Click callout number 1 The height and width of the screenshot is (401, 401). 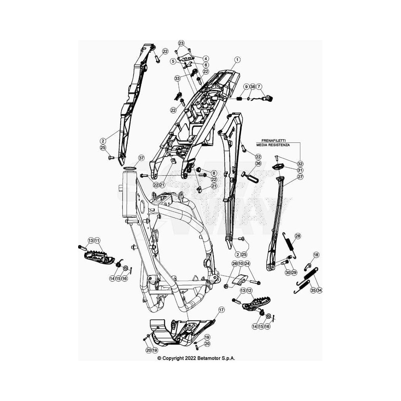pos(237,60)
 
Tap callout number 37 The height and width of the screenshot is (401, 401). pos(141,158)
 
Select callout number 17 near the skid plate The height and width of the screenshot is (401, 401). pos(221,310)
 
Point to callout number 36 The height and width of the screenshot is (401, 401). pos(258,164)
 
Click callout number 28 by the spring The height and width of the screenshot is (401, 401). pos(298,236)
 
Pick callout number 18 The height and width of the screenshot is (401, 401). pos(316,255)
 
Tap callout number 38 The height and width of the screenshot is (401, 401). pos(252,87)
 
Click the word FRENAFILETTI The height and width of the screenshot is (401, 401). pos(273,141)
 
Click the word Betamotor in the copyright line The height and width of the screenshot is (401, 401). pos(208,358)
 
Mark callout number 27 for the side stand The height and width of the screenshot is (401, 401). pos(300,176)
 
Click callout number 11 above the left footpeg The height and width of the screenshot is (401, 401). pos(97,241)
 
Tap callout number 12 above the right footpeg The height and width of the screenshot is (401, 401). pos(249,291)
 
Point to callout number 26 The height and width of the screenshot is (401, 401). pos(235,263)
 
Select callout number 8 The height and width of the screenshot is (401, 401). pos(214,173)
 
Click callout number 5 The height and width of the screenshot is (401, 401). pos(174,61)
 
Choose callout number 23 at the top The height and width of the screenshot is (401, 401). pos(181,43)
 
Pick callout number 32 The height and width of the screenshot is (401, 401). pos(300,164)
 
